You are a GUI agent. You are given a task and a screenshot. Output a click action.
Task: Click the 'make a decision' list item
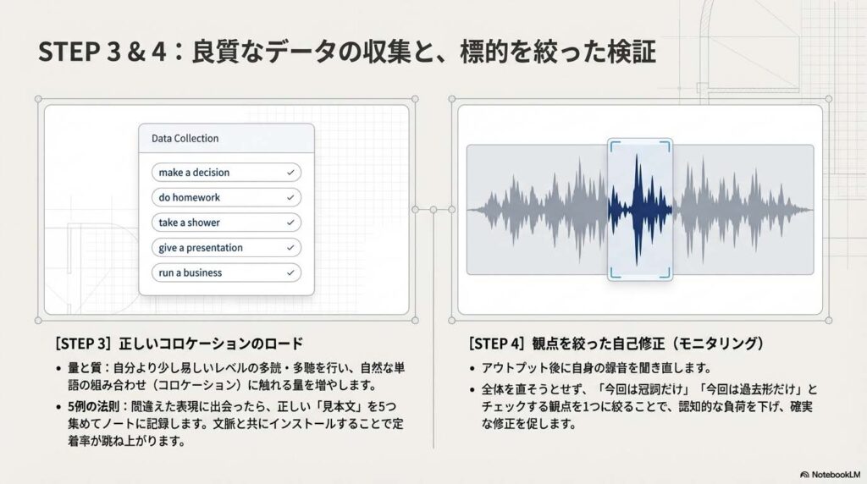tap(226, 173)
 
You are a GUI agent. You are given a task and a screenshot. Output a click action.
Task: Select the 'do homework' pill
tap(226, 197)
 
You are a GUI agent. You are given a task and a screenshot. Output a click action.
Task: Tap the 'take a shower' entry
tap(226, 223)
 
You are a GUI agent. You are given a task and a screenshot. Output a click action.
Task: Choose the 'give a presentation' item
tap(226, 248)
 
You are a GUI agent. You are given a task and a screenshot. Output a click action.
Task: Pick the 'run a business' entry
tap(226, 272)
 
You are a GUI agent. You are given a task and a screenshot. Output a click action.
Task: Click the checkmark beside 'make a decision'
tap(290, 173)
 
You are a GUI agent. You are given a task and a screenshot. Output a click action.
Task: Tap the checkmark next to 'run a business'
tap(290, 272)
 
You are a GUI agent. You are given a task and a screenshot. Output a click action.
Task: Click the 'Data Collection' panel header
tap(226, 138)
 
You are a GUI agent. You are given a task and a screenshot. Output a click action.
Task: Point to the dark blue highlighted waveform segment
tap(640, 210)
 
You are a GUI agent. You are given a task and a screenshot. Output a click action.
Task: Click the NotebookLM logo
tap(830, 475)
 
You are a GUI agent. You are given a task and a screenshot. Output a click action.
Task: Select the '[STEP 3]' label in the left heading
tap(83, 344)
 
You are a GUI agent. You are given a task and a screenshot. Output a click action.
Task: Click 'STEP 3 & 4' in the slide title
tap(102, 52)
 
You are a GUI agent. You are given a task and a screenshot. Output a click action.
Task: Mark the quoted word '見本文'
tap(342, 407)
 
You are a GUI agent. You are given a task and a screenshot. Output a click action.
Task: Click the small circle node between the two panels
tap(433, 210)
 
